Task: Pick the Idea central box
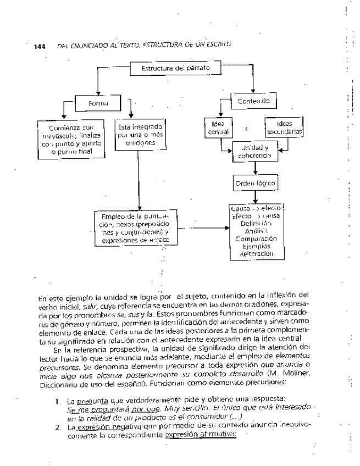click(218, 127)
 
